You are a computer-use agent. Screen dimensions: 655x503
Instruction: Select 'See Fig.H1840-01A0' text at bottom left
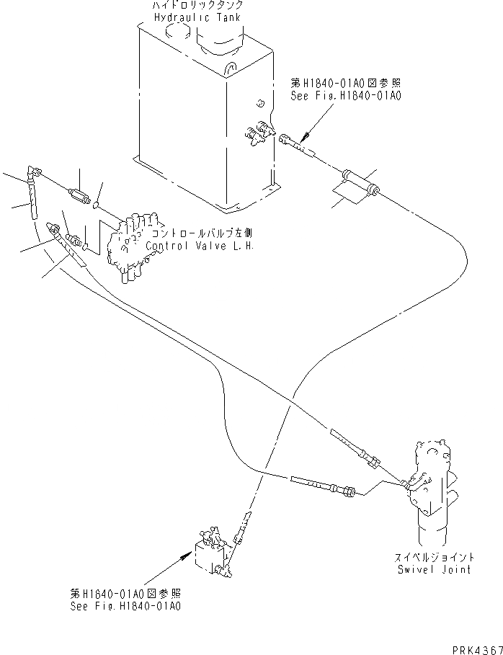125,606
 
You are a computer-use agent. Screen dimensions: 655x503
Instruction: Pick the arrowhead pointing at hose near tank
305,135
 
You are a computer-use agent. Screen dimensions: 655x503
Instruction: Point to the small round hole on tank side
260,101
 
